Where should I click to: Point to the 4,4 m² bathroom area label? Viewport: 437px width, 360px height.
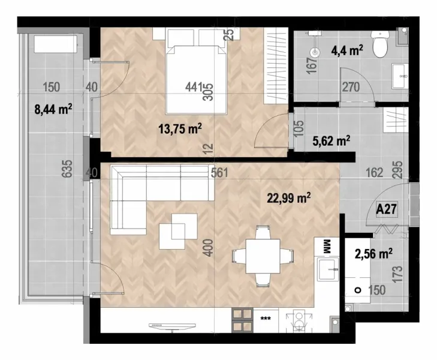click(347, 51)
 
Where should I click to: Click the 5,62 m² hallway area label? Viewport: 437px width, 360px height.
click(331, 141)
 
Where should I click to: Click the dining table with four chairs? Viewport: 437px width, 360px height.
click(259, 255)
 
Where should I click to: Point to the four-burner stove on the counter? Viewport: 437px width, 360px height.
click(242, 319)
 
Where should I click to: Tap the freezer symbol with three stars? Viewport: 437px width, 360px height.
click(264, 319)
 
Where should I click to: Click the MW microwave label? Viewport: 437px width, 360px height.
click(327, 247)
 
